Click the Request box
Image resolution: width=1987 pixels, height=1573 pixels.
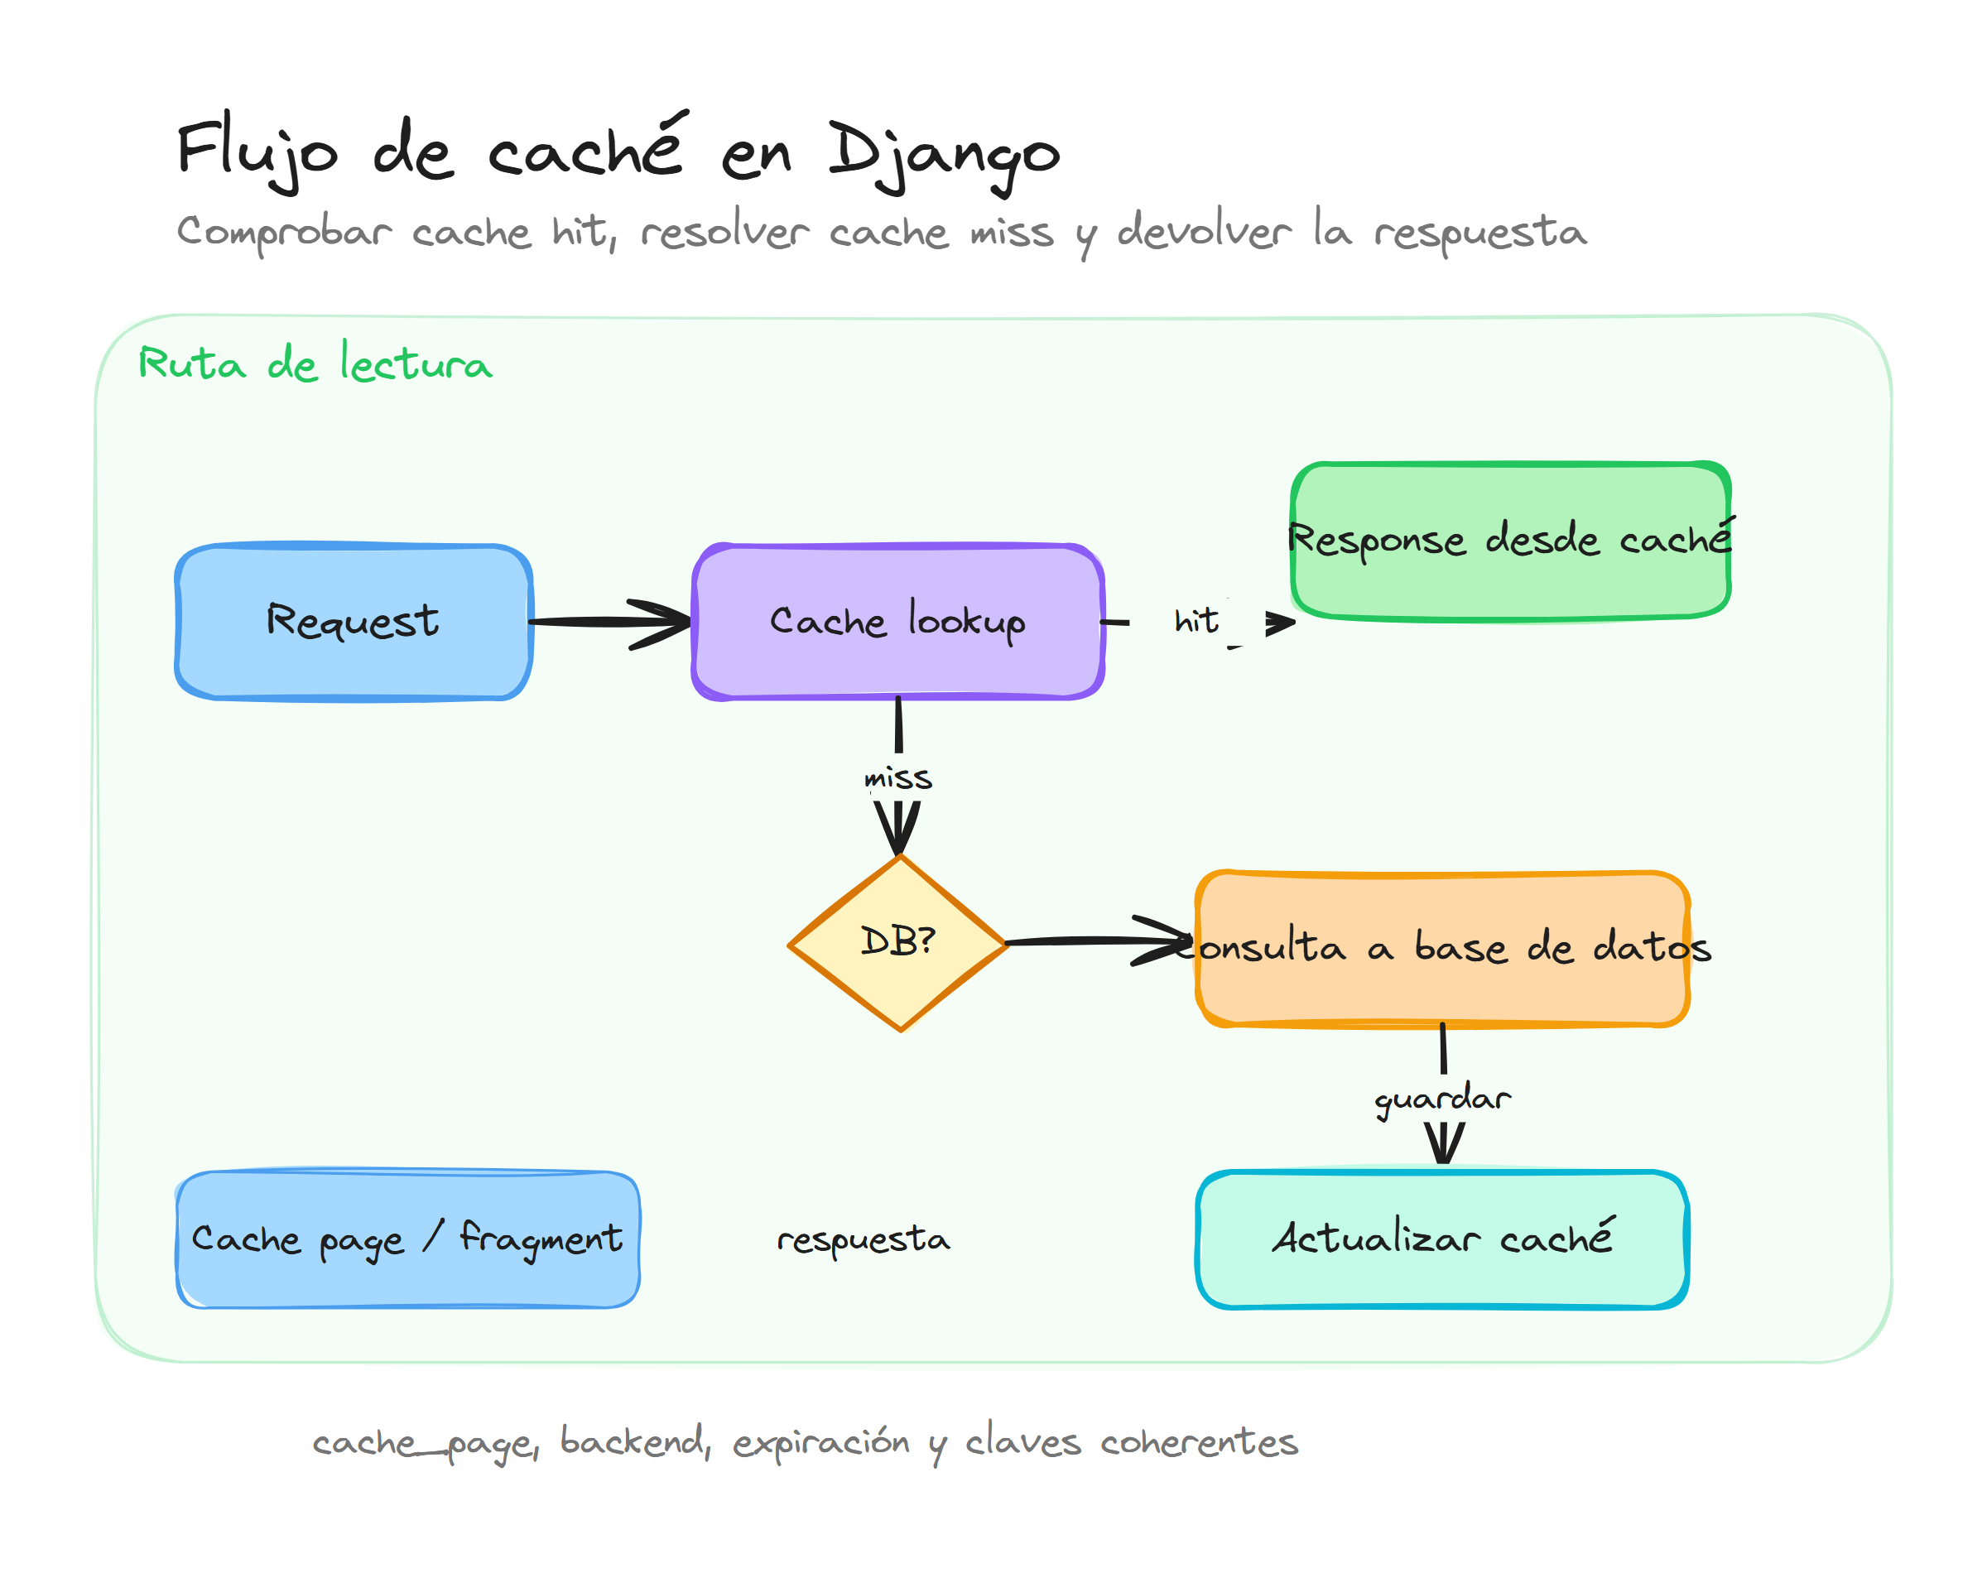(354, 622)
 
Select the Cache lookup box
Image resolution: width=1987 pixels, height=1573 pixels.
(897, 622)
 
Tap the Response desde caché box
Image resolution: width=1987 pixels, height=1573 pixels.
(1510, 541)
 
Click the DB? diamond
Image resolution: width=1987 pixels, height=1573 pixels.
(897, 943)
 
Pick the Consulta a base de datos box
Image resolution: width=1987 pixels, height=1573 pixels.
(1442, 949)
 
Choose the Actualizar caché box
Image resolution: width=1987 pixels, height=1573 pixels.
(1442, 1239)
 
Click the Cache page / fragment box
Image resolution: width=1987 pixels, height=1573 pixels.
(407, 1239)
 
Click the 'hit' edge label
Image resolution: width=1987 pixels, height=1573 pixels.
(1196, 622)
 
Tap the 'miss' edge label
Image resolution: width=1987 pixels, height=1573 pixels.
(897, 779)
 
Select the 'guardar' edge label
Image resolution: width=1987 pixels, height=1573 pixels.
(1442, 1099)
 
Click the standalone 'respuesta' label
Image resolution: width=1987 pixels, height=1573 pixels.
(863, 1239)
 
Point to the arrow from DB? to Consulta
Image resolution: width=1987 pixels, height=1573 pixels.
(1095, 941)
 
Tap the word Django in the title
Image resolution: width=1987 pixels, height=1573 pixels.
(944, 152)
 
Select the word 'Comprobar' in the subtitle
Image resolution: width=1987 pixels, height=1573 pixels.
(284, 232)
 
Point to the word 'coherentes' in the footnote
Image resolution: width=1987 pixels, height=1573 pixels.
(1199, 1442)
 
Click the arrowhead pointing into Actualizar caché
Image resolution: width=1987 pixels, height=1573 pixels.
(1443, 1147)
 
